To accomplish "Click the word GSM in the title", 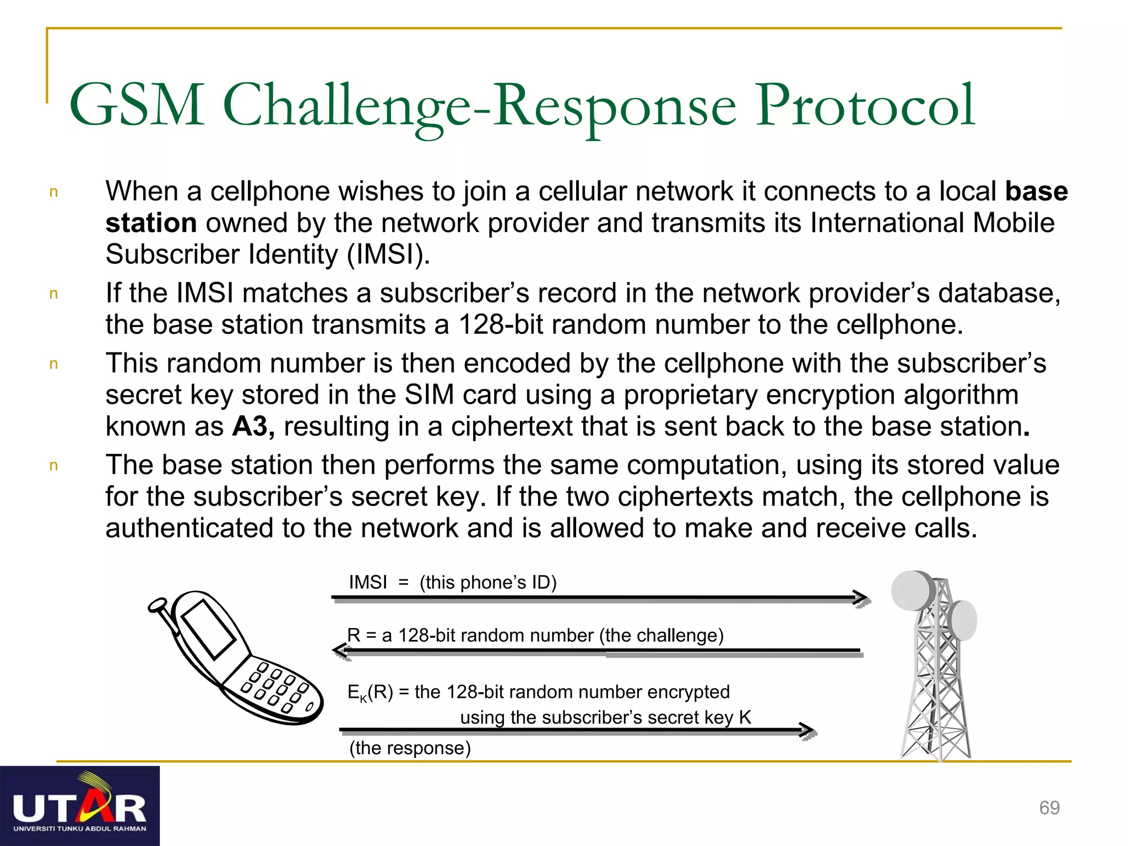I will coord(137,105).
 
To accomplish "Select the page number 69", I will coord(1049,807).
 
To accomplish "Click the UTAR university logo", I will coord(80,805).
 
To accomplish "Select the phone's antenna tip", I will coord(158,605).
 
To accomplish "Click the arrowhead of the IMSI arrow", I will coord(863,598).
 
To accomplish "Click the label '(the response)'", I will coord(410,748).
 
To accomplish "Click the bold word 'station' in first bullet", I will coord(151,223).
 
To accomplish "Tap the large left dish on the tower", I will coord(912,590).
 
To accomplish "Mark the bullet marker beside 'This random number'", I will coord(53,364).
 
